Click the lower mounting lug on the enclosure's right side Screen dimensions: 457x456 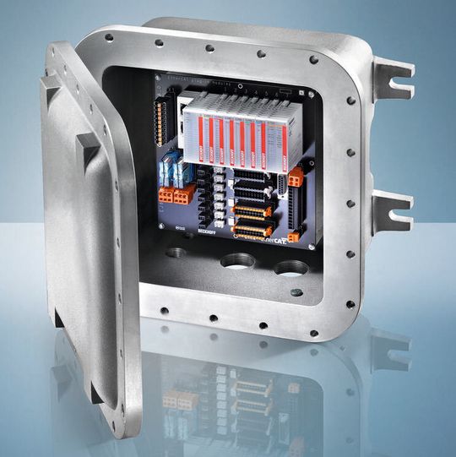(x=392, y=207)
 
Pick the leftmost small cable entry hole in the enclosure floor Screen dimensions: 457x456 (x=177, y=253)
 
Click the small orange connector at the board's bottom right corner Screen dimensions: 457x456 (x=294, y=237)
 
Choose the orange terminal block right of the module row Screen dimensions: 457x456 (x=295, y=177)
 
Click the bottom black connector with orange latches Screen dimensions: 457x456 (x=253, y=229)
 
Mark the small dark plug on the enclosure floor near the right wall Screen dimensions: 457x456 (x=296, y=292)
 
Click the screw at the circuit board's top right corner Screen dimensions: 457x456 (x=310, y=95)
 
